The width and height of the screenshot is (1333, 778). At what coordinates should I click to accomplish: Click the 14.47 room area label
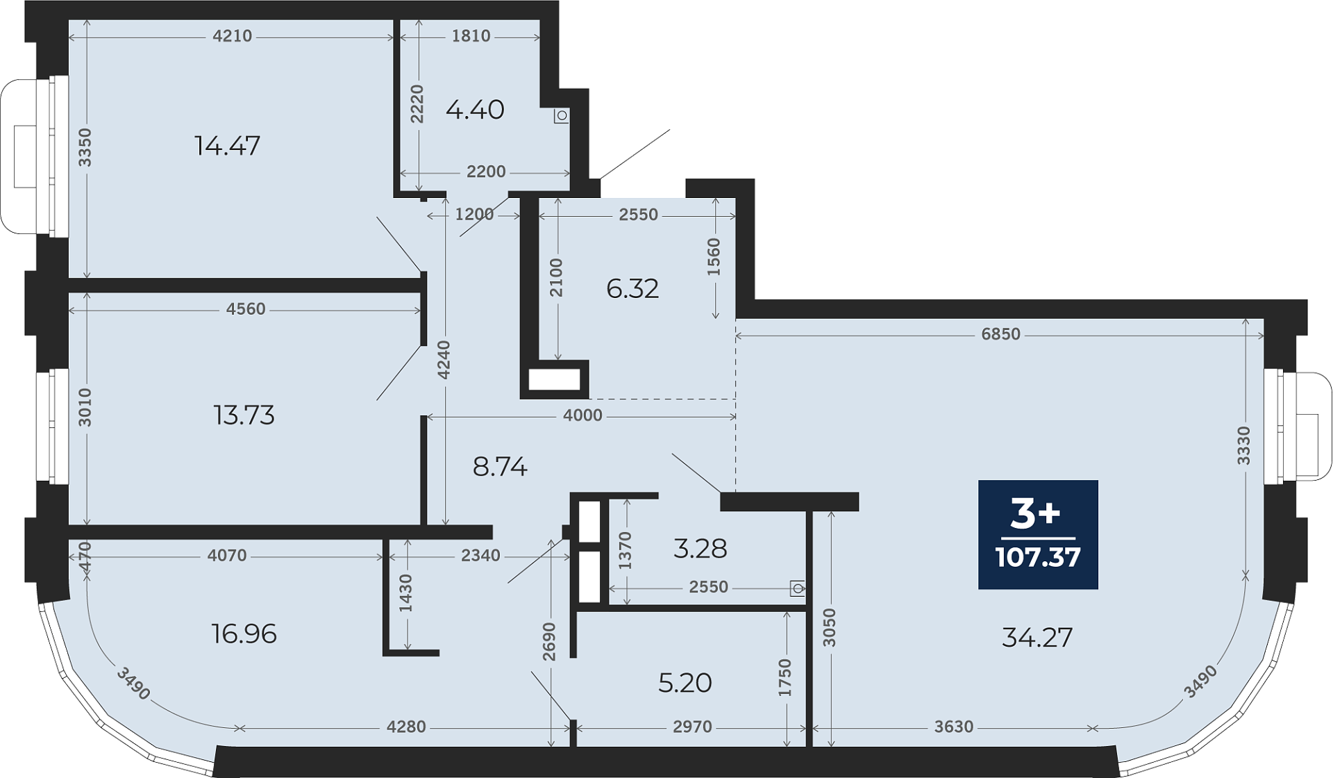tap(228, 146)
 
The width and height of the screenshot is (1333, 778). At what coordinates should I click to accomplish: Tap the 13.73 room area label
tap(244, 415)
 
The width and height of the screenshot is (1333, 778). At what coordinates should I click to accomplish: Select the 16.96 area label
tap(244, 634)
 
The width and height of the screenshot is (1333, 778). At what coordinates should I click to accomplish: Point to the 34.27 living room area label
tap(1037, 637)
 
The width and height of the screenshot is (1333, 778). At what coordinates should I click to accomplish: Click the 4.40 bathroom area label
tap(475, 110)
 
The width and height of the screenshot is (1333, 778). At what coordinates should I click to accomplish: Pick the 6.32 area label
tap(632, 288)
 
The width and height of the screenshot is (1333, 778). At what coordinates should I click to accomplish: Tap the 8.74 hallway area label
tap(500, 467)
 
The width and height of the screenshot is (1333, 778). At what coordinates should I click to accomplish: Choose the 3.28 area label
tap(701, 549)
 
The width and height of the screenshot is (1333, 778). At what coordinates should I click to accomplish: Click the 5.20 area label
tap(685, 683)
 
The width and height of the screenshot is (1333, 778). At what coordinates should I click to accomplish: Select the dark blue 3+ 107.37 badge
tap(1038, 535)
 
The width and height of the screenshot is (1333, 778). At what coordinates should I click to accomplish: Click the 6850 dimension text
tap(1001, 334)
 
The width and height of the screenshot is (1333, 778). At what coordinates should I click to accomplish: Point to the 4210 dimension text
tap(233, 36)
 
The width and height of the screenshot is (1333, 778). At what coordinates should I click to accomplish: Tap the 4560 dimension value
tap(246, 309)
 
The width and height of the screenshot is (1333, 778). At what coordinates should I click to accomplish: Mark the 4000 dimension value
tap(583, 415)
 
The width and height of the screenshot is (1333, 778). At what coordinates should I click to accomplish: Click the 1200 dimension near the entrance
tap(474, 215)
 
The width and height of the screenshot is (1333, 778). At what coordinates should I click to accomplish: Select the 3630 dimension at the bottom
tap(954, 727)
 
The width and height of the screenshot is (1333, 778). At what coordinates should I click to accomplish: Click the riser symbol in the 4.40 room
tap(562, 115)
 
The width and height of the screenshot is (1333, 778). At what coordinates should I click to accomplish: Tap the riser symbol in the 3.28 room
tap(798, 589)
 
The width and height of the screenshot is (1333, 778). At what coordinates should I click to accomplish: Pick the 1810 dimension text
tap(471, 36)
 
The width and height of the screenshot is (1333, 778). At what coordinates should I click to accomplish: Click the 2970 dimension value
tap(693, 727)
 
